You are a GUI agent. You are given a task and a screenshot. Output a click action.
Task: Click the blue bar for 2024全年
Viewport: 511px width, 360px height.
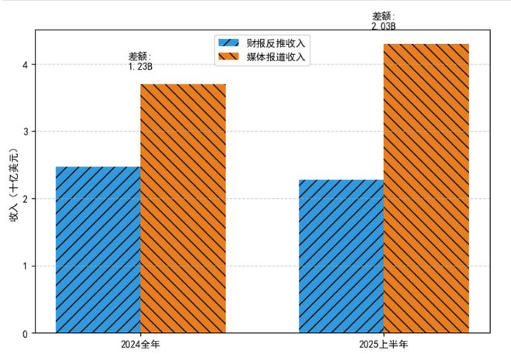point(98,250)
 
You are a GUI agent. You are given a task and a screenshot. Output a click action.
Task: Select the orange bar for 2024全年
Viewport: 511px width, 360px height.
point(183,209)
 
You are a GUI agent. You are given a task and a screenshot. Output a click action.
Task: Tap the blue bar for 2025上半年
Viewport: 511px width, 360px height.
point(341,256)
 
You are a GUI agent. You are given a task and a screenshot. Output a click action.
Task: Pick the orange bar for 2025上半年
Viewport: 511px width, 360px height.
point(426,188)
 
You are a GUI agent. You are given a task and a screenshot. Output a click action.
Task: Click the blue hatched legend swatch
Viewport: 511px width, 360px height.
point(230,42)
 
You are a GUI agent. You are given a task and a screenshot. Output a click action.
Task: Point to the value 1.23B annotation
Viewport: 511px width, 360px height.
point(140,67)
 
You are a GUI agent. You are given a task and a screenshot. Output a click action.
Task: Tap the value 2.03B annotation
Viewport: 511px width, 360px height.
point(383,26)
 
